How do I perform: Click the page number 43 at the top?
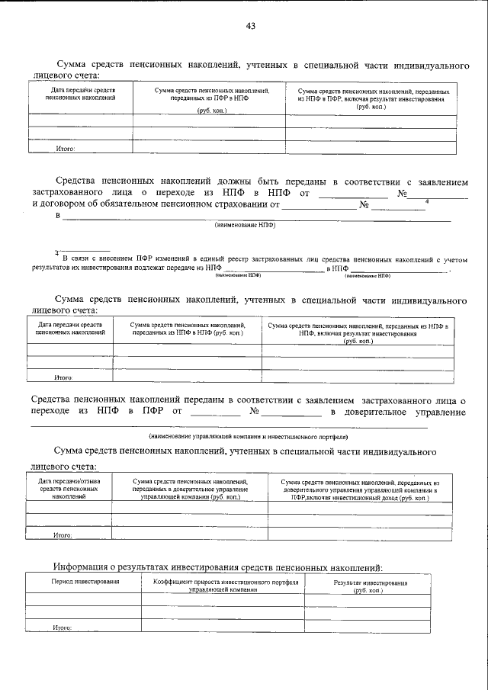click(250, 26)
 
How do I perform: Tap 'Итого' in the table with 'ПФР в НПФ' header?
click(66, 149)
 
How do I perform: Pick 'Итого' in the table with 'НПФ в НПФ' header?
click(63, 377)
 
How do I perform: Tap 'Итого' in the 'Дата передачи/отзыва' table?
click(63, 536)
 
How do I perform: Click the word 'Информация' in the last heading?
click(86, 566)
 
